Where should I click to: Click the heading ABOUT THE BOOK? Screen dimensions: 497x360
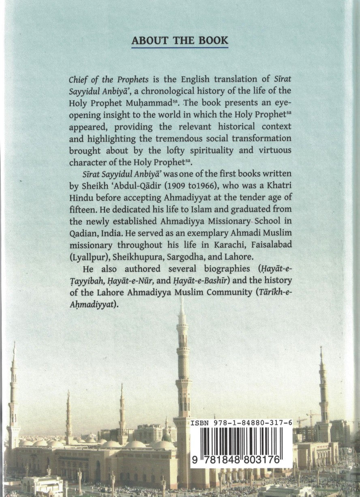[180, 41]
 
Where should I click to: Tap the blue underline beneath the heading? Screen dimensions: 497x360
[180, 47]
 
